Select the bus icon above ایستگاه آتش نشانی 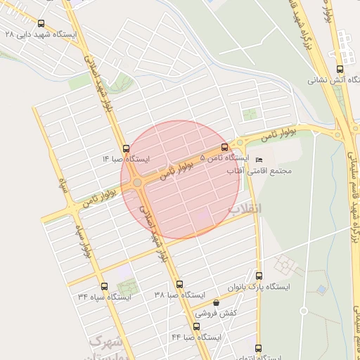340,69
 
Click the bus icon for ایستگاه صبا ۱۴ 126,148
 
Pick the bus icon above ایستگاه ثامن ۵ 224,147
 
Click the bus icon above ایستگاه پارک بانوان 259,276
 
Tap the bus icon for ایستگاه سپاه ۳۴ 104,286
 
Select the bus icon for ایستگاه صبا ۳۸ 179,285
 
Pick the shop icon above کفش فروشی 216,302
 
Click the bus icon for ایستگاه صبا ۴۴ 196,326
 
